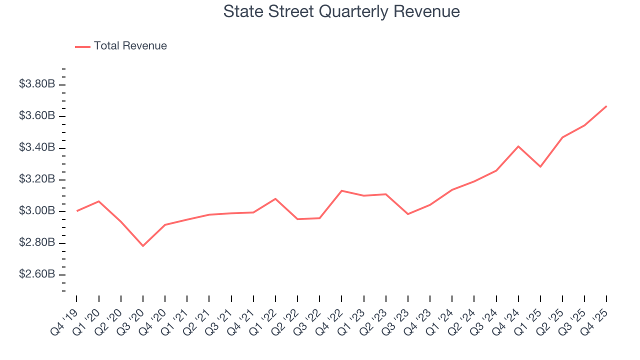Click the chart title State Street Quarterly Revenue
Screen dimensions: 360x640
[x=341, y=11]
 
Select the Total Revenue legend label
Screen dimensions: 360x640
[x=130, y=46]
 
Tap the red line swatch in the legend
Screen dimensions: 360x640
[x=82, y=46]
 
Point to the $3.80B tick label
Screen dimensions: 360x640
[x=37, y=84]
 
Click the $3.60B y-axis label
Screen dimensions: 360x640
[x=37, y=116]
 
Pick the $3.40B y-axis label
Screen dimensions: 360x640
[x=37, y=147]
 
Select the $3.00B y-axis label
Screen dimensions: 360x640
[x=37, y=211]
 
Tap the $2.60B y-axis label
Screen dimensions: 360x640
[x=37, y=274]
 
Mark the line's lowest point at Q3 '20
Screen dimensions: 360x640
[x=143, y=245]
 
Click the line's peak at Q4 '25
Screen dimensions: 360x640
[x=606, y=106]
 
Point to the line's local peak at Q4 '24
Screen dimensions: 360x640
[x=518, y=146]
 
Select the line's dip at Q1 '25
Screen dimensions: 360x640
[x=540, y=166]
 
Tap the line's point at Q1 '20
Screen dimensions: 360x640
[x=98, y=201]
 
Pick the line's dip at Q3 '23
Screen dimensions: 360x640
[x=408, y=214]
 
